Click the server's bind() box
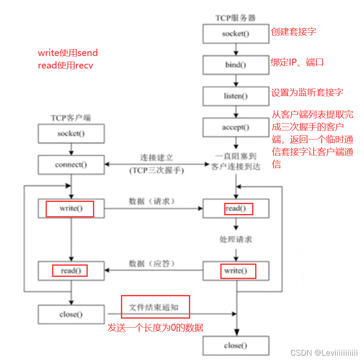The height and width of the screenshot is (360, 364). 236,65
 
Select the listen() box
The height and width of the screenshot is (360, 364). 236,96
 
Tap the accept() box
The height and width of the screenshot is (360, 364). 236,127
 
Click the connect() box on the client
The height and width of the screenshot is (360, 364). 71,164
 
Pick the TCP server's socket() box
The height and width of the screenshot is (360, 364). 236,34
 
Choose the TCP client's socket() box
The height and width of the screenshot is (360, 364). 71,133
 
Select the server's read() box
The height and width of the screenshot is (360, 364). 236,208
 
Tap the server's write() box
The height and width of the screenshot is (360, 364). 236,271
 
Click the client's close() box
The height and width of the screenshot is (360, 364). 71,314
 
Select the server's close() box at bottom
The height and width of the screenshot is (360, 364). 236,345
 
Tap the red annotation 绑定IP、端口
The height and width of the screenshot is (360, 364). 297,62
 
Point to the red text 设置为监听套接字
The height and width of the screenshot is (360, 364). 307,93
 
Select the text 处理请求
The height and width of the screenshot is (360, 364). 236,239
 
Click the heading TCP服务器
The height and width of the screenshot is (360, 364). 236,18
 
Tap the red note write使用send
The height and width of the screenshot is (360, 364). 68,53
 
